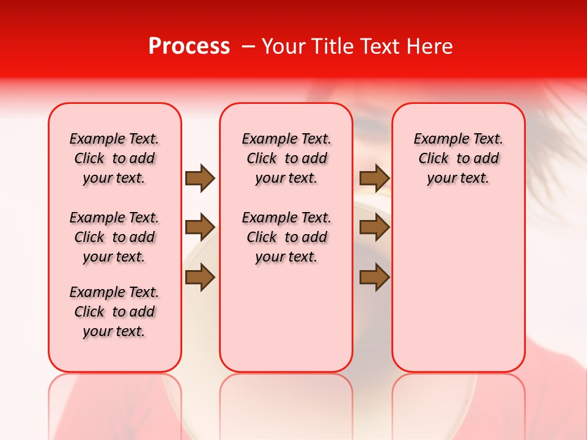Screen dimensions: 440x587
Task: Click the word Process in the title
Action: point(189,46)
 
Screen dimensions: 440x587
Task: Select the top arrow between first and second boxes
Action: point(200,178)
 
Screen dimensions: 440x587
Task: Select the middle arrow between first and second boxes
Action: point(200,228)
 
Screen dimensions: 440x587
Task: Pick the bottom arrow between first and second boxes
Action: point(200,277)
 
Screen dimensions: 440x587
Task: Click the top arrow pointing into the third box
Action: point(374,178)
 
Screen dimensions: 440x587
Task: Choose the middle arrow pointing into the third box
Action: point(374,228)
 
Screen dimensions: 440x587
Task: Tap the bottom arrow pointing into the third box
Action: point(374,277)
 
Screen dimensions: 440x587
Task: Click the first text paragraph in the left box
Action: point(114,158)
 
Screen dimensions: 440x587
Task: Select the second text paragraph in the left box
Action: point(114,237)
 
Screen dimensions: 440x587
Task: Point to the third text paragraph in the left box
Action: point(114,312)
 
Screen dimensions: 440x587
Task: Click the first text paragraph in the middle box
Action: point(287,158)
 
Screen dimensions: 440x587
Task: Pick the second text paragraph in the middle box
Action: point(287,237)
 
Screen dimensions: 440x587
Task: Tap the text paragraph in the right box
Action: point(459,158)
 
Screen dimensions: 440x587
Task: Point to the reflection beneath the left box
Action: point(115,403)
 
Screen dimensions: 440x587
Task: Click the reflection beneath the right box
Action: point(459,403)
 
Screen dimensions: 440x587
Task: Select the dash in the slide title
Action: point(247,46)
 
